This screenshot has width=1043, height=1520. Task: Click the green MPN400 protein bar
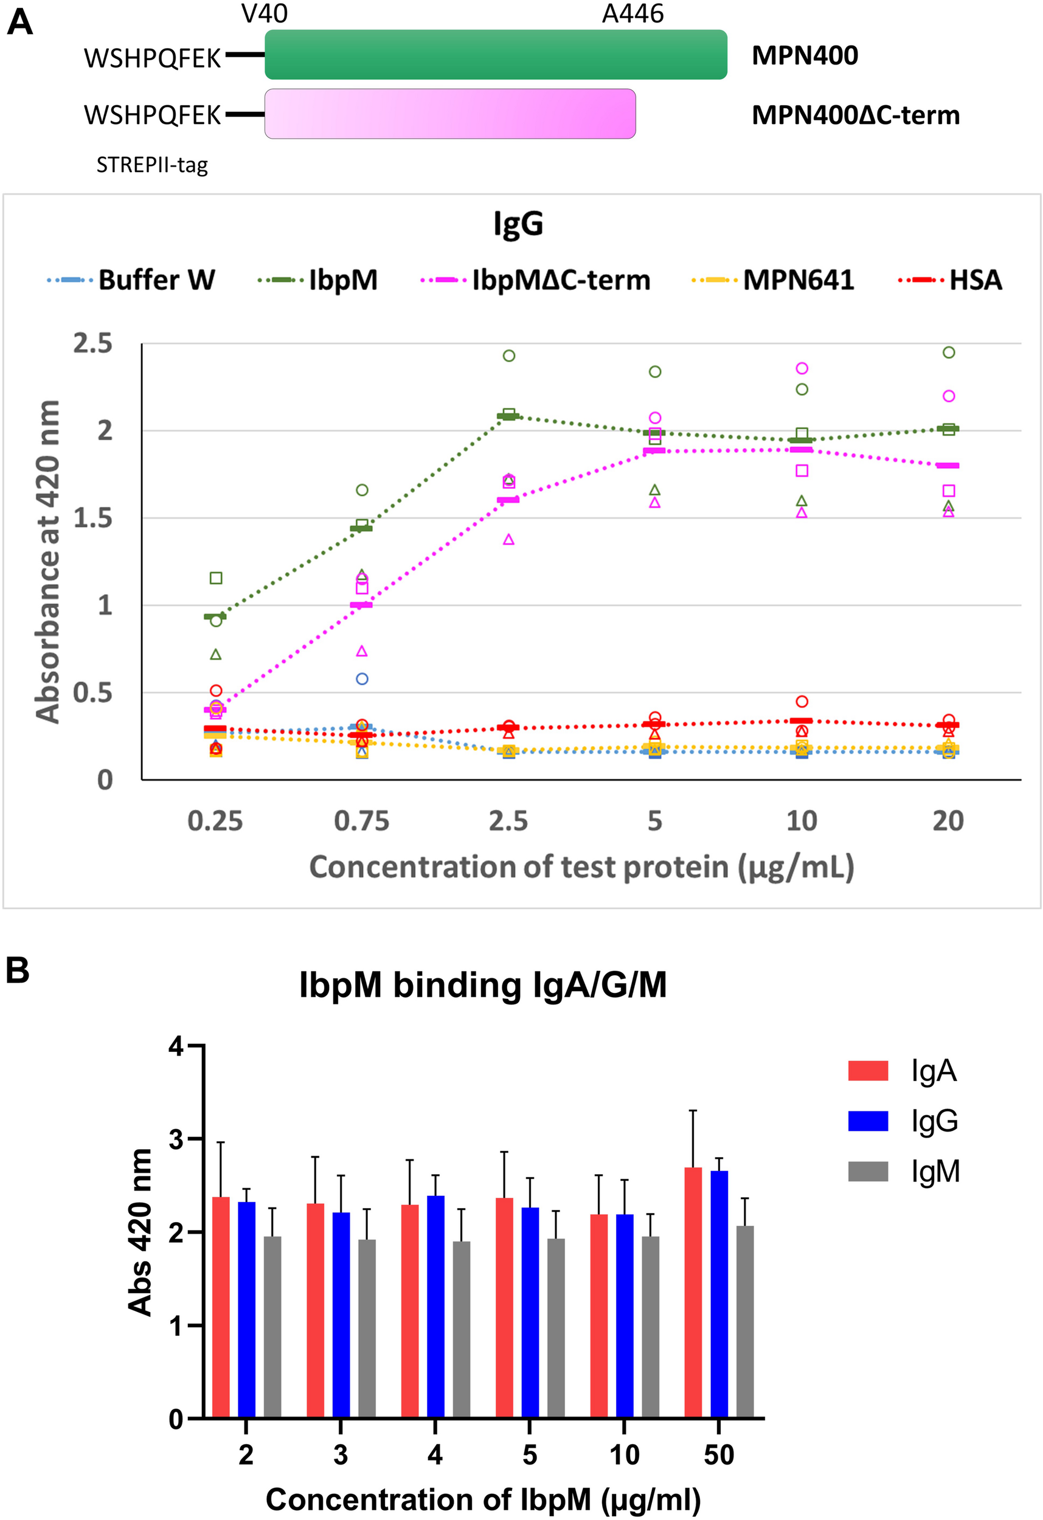495,55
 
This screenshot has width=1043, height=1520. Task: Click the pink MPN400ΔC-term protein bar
449,114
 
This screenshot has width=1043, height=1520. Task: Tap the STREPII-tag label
152,165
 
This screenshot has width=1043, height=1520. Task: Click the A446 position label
632,14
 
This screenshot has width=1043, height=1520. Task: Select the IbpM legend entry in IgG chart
319,280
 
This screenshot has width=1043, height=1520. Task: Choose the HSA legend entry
950,280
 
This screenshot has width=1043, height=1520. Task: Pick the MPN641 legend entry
774,280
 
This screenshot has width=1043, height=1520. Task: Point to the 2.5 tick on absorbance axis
92,344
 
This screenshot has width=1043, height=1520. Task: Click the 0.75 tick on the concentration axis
361,821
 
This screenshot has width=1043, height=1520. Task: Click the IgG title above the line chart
518,224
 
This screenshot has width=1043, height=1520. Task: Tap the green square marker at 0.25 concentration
216,578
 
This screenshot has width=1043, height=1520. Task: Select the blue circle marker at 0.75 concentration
362,679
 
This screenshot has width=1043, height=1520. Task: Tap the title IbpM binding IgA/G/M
483,984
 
